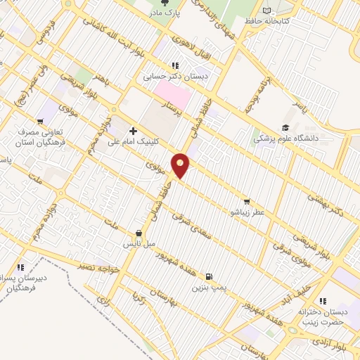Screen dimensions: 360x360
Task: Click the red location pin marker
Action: coord(181,165)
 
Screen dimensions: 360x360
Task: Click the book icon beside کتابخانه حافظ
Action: coord(266,10)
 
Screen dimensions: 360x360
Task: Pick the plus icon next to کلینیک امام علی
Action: coord(133,131)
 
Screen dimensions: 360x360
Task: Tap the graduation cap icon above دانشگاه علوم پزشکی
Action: coord(285,127)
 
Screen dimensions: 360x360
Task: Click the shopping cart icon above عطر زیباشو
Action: coord(245,200)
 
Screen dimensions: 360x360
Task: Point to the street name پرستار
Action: coord(172,108)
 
